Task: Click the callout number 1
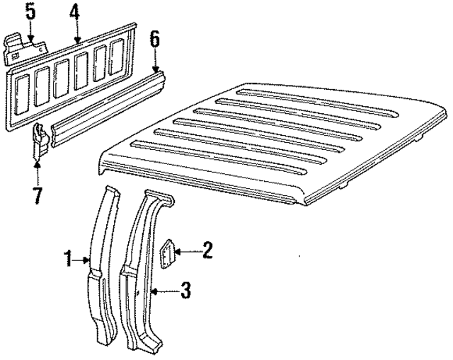pos(68,260)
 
